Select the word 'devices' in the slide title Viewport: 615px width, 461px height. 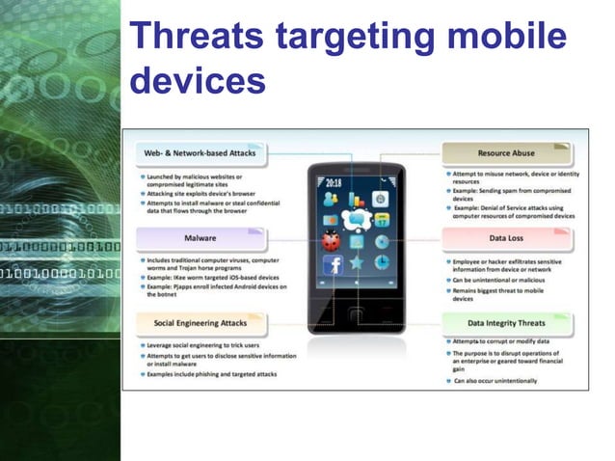pyautogui.click(x=198, y=81)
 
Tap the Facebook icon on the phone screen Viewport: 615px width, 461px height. pyautogui.click(x=333, y=264)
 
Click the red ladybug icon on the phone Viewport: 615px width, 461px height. pyautogui.click(x=332, y=238)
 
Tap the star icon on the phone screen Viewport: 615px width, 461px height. pyautogui.click(x=357, y=262)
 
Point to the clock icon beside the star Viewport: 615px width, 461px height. pyautogui.click(x=381, y=262)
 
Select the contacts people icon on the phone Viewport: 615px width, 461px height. pyautogui.click(x=332, y=200)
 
